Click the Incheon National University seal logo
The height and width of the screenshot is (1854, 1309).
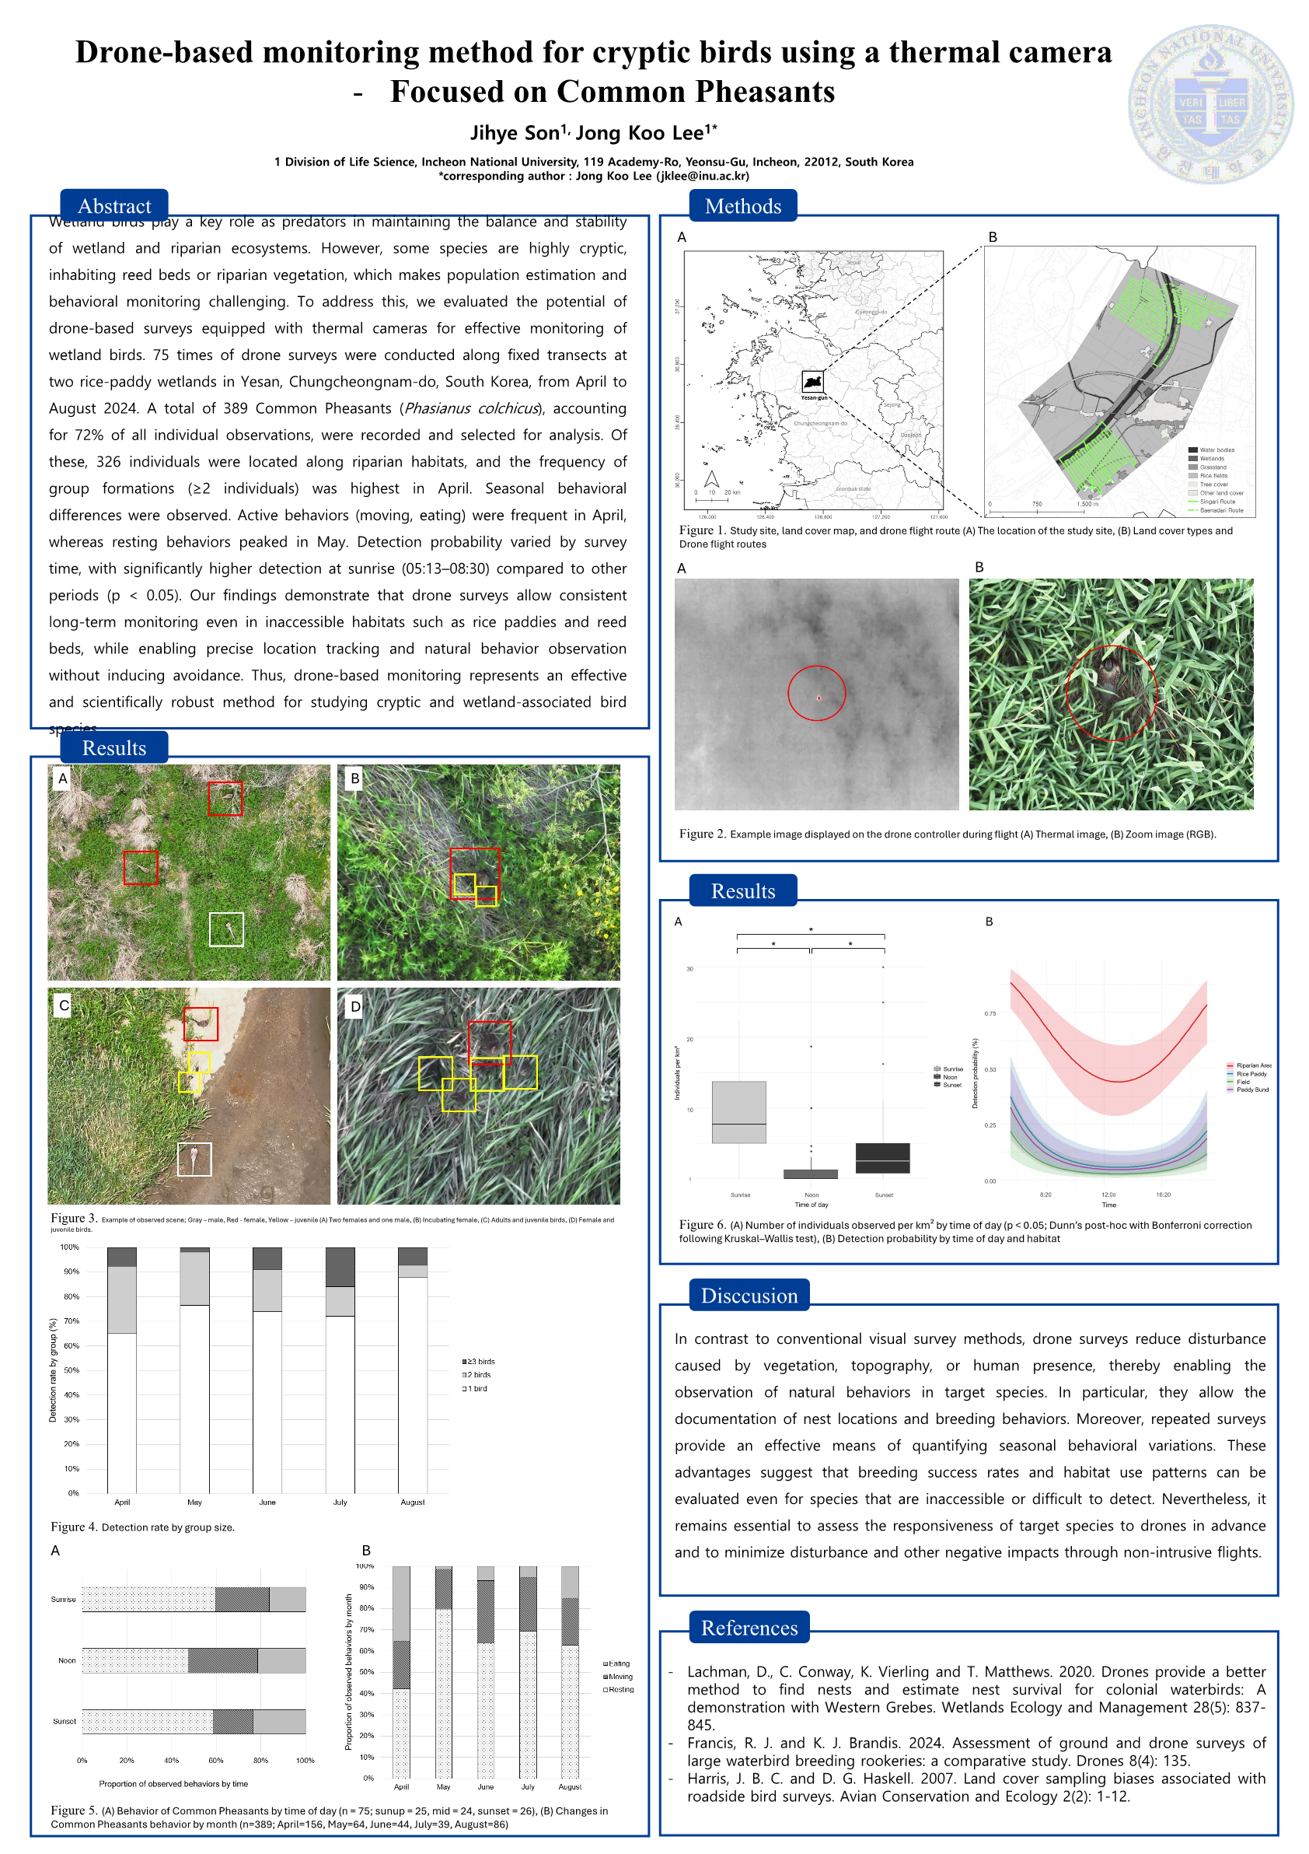(1210, 104)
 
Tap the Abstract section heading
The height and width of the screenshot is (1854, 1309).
(113, 206)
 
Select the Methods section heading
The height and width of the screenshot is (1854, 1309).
(742, 206)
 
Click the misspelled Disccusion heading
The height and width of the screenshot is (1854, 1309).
(748, 1295)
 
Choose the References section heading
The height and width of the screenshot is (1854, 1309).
(748, 1627)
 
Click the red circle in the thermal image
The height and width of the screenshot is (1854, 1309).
(816, 693)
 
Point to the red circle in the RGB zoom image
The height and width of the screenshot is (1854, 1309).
(1112, 693)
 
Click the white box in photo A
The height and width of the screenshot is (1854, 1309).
(226, 929)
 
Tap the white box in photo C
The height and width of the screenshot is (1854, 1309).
(194, 1160)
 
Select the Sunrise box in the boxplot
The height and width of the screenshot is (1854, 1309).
(738, 1112)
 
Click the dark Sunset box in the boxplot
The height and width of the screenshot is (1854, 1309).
(882, 1158)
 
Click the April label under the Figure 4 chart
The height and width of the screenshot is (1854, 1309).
(122, 1502)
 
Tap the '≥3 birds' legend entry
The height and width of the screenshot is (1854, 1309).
(480, 1362)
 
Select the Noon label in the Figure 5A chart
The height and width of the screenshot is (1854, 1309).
(67, 1660)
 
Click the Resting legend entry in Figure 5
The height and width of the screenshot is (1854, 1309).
(620, 1689)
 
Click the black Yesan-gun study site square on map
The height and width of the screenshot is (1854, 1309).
(812, 382)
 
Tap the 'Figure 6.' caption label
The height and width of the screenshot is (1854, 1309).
(702, 1225)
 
